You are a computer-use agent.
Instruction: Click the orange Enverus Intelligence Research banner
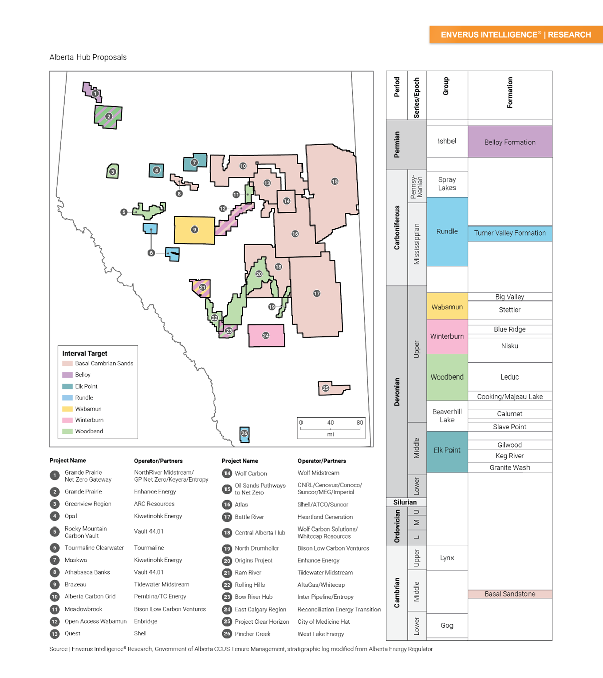click(x=516, y=35)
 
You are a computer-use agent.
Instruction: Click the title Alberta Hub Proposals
click(x=88, y=57)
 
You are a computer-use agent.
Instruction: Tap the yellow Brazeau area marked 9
click(x=194, y=230)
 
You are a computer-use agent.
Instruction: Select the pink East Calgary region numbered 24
click(x=266, y=335)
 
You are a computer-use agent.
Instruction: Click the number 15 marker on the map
click(x=335, y=181)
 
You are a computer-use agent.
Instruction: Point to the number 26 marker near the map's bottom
click(x=244, y=433)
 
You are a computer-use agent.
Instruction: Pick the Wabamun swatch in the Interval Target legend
click(x=67, y=409)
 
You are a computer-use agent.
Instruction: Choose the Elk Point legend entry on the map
click(x=86, y=386)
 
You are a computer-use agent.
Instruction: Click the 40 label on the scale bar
click(x=330, y=422)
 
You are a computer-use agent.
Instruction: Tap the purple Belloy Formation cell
click(x=509, y=142)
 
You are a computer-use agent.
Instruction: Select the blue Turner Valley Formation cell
click(x=509, y=233)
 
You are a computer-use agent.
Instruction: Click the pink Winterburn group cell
click(x=447, y=336)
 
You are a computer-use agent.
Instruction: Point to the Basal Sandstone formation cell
click(x=509, y=594)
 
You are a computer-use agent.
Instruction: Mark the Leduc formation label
click(x=509, y=377)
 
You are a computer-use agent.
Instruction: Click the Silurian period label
click(x=405, y=502)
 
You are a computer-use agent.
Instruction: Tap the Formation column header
click(x=510, y=93)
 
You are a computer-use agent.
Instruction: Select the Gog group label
click(x=447, y=625)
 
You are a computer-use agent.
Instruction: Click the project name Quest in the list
click(x=72, y=634)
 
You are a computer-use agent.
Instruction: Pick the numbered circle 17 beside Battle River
click(x=227, y=517)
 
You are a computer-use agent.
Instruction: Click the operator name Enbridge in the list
click(x=145, y=621)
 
